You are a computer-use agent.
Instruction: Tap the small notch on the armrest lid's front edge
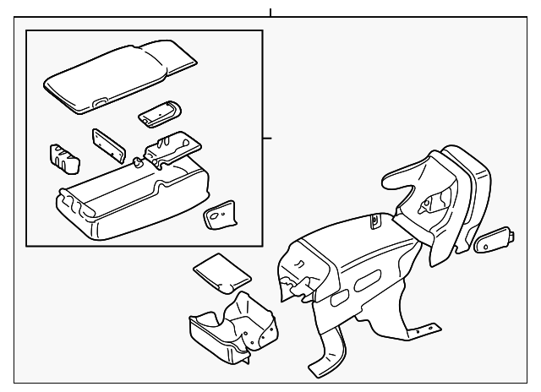point(100,103)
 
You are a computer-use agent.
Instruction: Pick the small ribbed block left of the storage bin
point(63,155)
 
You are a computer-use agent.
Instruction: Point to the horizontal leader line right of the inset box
point(266,138)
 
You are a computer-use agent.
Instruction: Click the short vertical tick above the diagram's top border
point(270,13)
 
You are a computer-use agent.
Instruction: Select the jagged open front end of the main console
point(296,270)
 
